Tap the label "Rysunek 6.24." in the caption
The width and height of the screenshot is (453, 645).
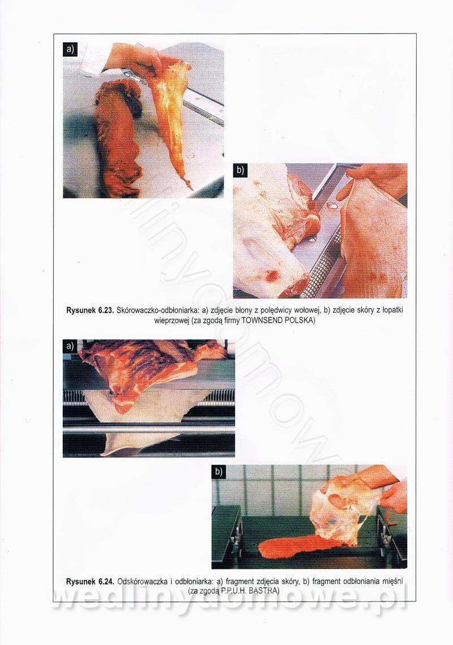pos(90,582)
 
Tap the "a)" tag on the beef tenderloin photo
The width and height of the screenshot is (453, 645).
pos(70,49)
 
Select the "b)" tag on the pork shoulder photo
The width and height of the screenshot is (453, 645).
pos(240,171)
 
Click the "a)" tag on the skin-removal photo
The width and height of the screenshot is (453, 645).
pos(69,345)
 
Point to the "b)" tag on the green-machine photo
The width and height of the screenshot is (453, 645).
pos(219,471)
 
